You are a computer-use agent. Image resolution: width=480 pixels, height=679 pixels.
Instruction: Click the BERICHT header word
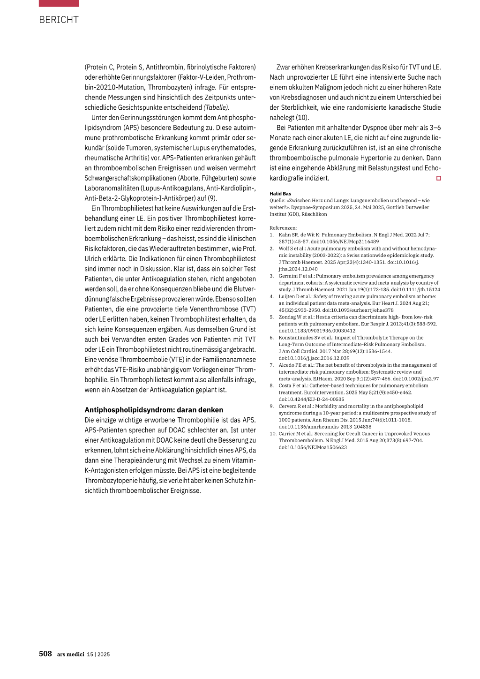click(x=59, y=20)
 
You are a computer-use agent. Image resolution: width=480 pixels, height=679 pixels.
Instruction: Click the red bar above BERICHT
click(x=59, y=3)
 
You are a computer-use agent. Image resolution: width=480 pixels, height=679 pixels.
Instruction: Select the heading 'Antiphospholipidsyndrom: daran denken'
click(x=154, y=410)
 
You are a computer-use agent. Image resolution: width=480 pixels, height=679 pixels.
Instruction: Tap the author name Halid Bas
click(x=280, y=194)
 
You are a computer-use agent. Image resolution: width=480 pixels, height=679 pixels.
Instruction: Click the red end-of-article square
click(x=439, y=178)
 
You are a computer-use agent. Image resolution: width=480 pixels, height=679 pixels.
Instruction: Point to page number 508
click(x=45, y=654)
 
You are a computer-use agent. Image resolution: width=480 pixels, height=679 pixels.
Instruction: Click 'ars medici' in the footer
click(x=71, y=654)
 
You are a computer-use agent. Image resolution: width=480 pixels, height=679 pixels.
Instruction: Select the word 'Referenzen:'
click(x=283, y=228)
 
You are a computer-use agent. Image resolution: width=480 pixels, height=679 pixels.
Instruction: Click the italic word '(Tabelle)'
click(x=217, y=107)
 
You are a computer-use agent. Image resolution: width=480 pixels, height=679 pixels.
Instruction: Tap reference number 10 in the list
click(x=273, y=434)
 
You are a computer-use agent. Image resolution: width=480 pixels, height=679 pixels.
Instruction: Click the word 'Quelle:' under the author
click(x=277, y=201)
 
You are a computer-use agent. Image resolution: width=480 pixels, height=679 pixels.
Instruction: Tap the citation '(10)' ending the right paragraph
click(x=302, y=118)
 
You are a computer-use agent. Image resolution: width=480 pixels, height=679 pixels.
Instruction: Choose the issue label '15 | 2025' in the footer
click(x=98, y=654)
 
